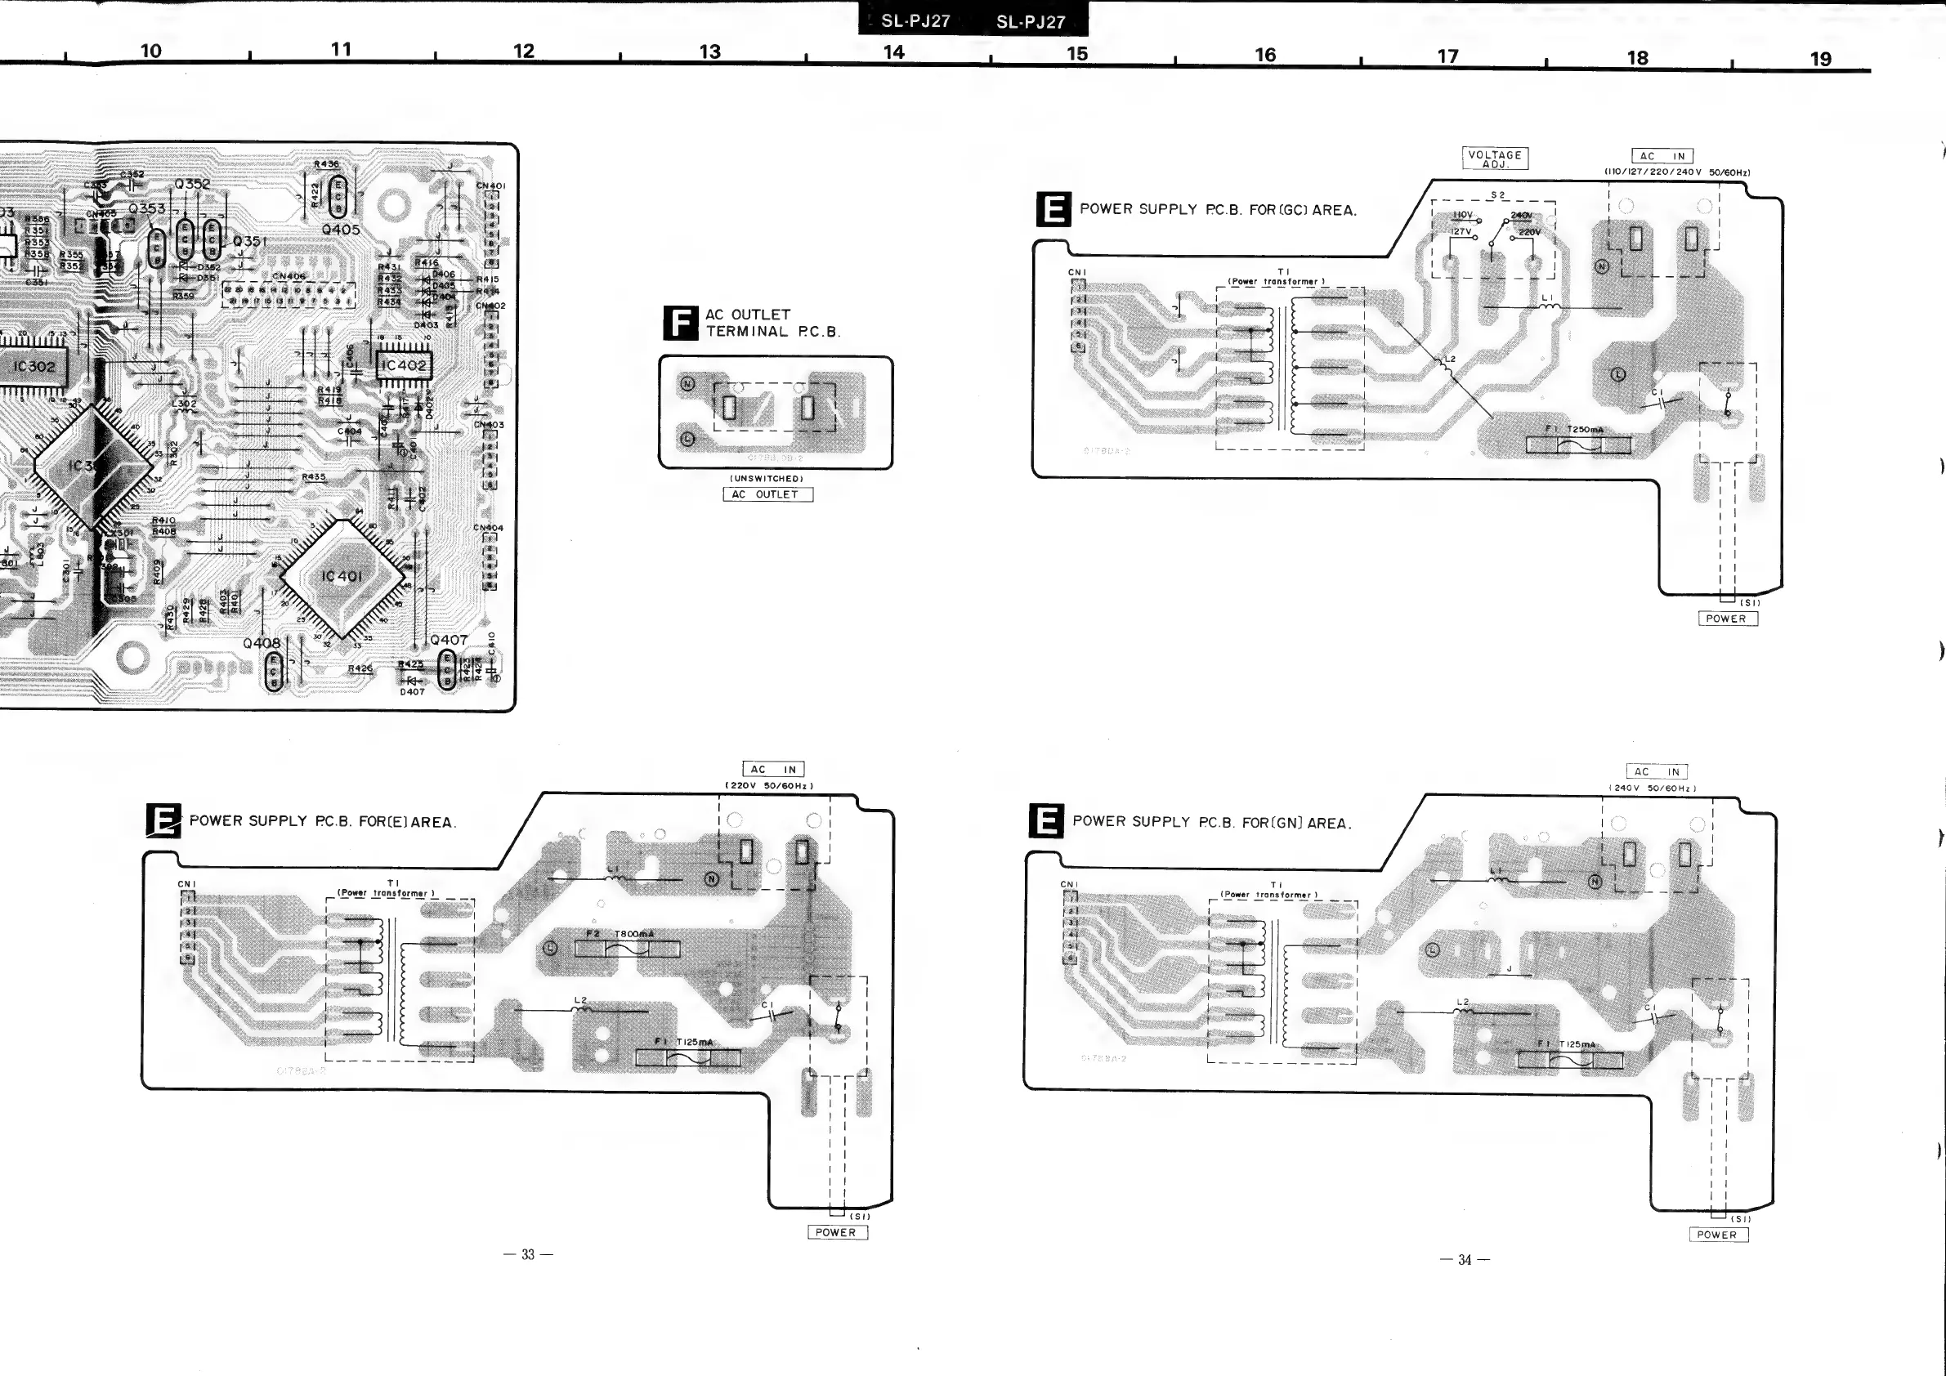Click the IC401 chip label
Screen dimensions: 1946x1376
point(341,576)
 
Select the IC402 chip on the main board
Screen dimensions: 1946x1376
point(403,366)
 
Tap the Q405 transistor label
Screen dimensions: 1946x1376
point(341,230)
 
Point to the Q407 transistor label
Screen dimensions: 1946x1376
point(449,641)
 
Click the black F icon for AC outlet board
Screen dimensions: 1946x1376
point(680,323)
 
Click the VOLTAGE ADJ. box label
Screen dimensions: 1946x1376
point(1494,159)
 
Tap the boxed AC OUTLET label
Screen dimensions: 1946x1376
point(767,494)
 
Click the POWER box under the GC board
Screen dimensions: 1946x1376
point(1726,619)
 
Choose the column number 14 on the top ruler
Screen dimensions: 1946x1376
point(893,52)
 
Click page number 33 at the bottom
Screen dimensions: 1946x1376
point(528,1255)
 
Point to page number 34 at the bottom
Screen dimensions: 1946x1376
point(1465,1260)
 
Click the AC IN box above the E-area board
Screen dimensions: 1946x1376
point(773,770)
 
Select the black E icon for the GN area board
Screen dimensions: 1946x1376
point(1047,822)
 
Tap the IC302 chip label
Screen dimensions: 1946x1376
point(34,367)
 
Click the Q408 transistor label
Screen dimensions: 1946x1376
point(261,643)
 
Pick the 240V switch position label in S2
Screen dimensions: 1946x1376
point(1520,215)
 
